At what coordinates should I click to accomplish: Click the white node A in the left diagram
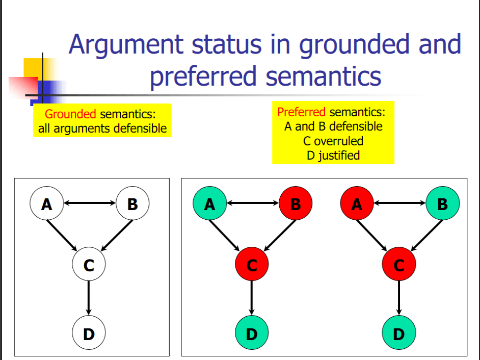(46, 204)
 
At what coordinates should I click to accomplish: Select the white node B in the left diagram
(132, 204)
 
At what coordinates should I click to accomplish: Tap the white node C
(89, 265)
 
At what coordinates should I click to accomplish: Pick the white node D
(89, 333)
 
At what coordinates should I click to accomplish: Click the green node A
(209, 204)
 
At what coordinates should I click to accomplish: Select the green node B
(442, 204)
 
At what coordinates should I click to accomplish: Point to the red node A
(356, 204)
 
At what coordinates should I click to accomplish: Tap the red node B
(295, 204)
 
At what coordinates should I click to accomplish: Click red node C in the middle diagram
(252, 265)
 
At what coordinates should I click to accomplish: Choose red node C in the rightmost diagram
(399, 265)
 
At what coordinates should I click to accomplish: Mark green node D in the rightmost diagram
(399, 333)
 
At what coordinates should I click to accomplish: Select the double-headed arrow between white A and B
(89, 204)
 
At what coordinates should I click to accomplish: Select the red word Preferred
(301, 112)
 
